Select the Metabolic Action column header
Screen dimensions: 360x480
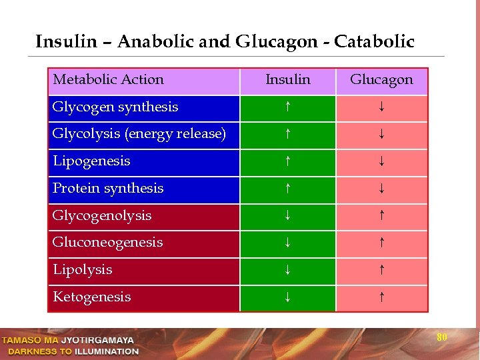pos(108,80)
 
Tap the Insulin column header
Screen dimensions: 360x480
pos(287,80)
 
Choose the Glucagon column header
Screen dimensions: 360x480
pos(381,80)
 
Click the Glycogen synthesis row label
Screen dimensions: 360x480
pos(115,107)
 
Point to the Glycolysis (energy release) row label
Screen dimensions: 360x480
pos(139,134)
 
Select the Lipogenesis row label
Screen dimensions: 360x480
pos(91,161)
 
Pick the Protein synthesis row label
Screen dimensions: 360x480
pos(108,189)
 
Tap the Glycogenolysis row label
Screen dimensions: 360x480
pos(102,216)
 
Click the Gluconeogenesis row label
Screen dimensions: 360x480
pos(107,243)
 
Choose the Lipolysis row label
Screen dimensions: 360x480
pos(82,270)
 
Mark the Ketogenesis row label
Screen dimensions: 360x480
pos(91,297)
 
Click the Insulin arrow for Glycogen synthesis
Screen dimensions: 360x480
pos(287,107)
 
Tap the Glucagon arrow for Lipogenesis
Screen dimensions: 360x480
pos(381,161)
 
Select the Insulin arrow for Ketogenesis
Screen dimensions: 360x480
pos(287,297)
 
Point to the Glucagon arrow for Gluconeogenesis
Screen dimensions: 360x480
pos(381,243)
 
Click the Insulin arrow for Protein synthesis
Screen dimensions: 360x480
pos(287,189)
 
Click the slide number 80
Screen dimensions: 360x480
pos(441,337)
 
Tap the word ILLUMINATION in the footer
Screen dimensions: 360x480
pos(107,351)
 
